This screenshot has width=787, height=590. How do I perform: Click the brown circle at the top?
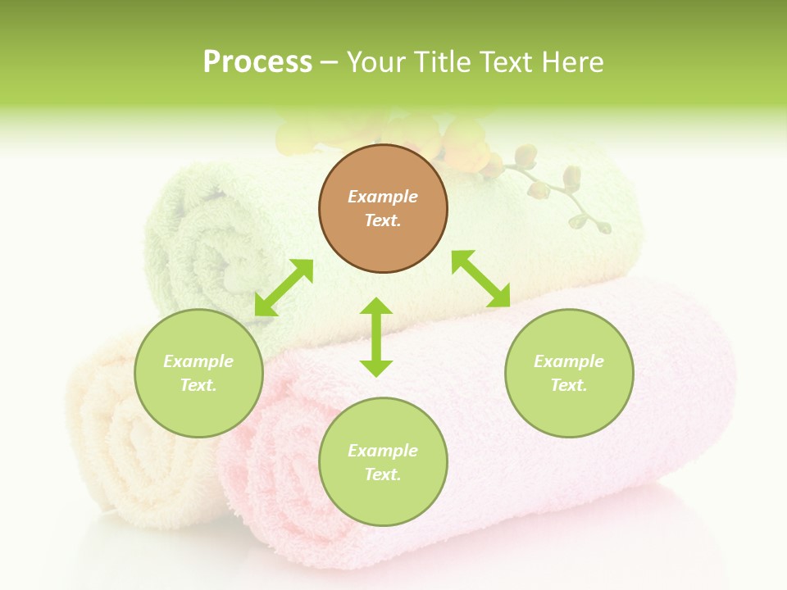(383, 209)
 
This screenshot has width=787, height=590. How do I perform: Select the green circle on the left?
(198, 373)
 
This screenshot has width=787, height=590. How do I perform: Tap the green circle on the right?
(569, 373)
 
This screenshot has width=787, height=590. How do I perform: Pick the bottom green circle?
(383, 462)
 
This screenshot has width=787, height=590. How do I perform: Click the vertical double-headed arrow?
(376, 337)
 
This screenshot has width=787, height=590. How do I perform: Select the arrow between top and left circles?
(284, 287)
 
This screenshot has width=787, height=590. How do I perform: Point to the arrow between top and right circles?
(481, 279)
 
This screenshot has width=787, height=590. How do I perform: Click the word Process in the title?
(257, 62)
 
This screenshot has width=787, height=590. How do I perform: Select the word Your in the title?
(375, 62)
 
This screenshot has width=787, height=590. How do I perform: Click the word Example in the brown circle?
(383, 197)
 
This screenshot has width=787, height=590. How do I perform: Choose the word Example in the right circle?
(569, 361)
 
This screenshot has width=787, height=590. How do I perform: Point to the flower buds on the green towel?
(557, 188)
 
